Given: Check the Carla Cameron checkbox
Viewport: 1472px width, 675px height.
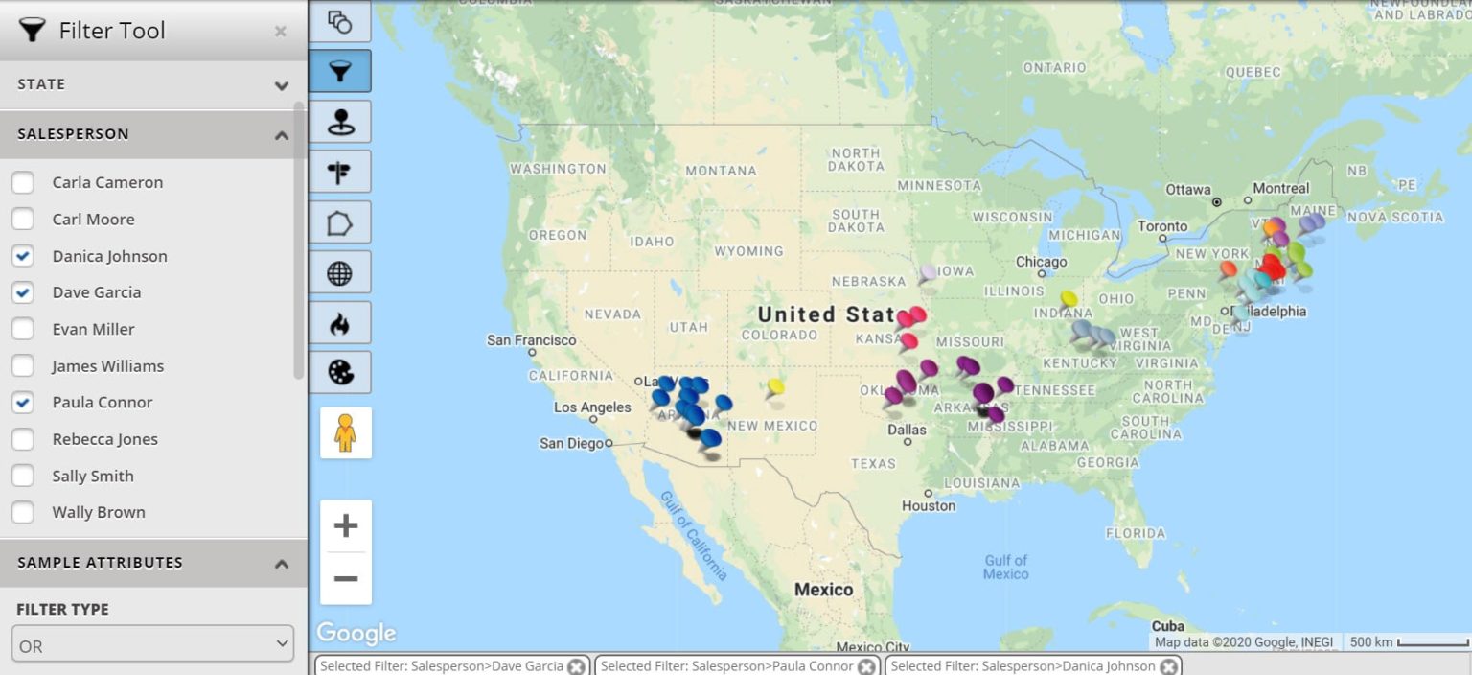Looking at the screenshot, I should [23, 182].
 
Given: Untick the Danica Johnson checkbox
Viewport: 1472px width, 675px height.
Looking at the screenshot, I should [23, 256].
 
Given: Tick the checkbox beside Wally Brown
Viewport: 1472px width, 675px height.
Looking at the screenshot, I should [23, 512].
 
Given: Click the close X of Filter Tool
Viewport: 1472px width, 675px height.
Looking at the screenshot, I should [280, 32].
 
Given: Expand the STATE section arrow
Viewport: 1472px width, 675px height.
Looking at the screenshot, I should [281, 85].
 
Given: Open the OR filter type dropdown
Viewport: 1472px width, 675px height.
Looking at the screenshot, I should [152, 644].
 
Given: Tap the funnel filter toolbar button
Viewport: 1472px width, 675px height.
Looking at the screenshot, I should [339, 71].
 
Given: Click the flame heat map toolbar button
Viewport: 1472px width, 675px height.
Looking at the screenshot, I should [339, 323].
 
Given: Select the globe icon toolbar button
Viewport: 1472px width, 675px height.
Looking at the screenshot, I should [339, 273].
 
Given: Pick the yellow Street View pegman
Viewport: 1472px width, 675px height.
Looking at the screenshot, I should [345, 433].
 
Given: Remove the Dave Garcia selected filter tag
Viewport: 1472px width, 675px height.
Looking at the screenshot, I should [576, 666].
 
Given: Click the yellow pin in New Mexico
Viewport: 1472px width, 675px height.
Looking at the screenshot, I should [775, 387].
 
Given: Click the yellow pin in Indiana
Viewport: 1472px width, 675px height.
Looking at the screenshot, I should [1069, 299].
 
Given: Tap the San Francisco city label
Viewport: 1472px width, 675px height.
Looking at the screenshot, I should [531, 340].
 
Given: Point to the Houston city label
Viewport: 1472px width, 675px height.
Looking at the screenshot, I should [928, 505].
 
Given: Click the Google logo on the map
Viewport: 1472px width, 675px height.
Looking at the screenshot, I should [356, 633].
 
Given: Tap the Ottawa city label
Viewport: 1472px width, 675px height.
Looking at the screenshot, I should [1188, 190].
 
